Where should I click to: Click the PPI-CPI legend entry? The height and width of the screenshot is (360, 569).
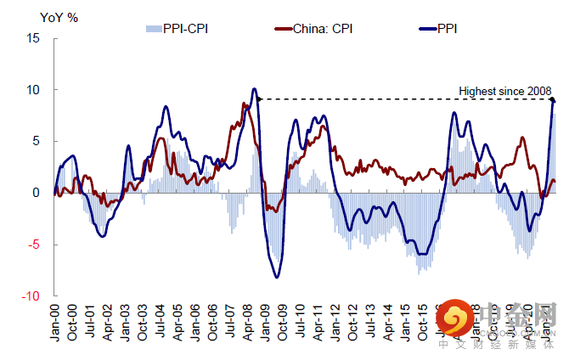[177, 29]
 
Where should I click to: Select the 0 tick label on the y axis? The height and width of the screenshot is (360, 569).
[36, 193]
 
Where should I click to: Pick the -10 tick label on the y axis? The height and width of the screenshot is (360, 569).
[31, 296]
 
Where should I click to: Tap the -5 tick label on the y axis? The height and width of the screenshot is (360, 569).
[33, 245]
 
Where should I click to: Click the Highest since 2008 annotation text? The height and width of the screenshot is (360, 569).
[505, 91]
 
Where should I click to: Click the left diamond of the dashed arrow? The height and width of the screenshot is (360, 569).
[258, 99]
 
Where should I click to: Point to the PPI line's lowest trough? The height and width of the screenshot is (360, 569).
[276, 277]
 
